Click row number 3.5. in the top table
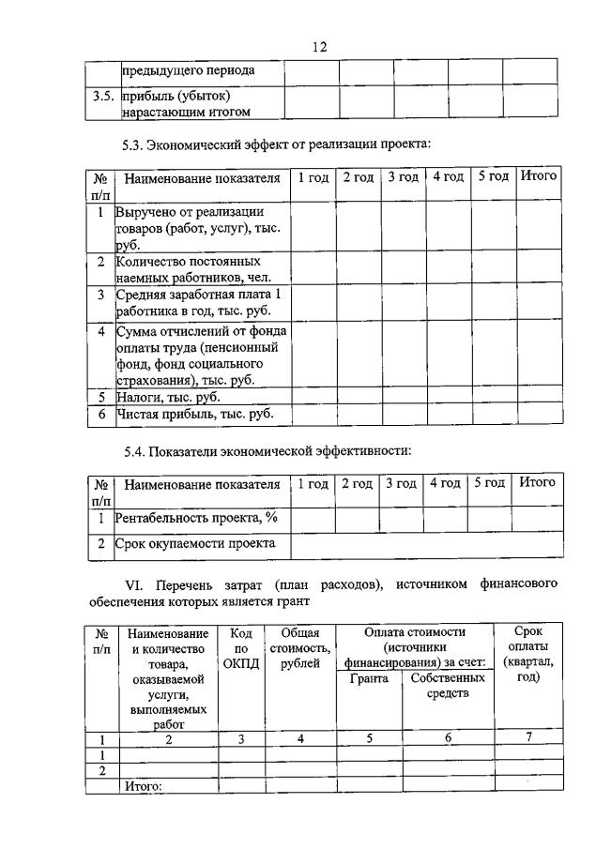[x=103, y=97]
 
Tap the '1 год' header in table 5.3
[x=312, y=176]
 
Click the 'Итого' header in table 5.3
[x=539, y=175]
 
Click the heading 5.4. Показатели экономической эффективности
[x=267, y=451]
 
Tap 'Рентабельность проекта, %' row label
[x=196, y=517]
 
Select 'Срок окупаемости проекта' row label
[x=195, y=543]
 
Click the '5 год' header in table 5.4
[x=490, y=483]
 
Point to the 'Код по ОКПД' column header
[x=241, y=648]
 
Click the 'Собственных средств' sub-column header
[x=448, y=686]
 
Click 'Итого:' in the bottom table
[x=145, y=786]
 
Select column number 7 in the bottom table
[x=529, y=738]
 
